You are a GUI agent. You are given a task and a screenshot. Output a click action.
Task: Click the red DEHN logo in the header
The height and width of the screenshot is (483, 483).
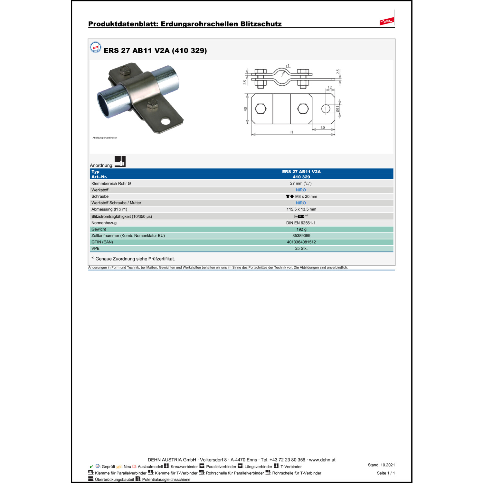pyautogui.click(x=387, y=21)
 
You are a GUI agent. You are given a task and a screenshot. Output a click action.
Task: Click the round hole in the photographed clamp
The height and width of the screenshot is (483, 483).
pyautogui.click(x=166, y=121)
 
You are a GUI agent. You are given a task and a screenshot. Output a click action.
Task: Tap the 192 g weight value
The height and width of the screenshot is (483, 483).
pyautogui.click(x=301, y=229)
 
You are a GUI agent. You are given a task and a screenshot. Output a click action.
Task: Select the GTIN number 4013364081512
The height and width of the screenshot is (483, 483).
pyautogui.click(x=301, y=242)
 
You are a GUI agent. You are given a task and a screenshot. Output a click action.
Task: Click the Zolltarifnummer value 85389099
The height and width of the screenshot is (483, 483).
pyautogui.click(x=301, y=236)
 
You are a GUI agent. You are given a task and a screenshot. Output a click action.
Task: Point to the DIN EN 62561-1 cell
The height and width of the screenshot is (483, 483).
pyautogui.click(x=301, y=223)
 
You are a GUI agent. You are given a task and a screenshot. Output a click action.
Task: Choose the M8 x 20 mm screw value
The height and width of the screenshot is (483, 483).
pyautogui.click(x=306, y=196)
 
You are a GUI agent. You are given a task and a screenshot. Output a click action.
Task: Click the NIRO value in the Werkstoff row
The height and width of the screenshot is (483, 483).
pyautogui.click(x=301, y=190)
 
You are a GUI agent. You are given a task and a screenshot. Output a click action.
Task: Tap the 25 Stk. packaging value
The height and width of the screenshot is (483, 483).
pyautogui.click(x=301, y=249)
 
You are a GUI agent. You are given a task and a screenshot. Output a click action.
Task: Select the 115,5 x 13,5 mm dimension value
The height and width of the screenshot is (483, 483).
pyautogui.click(x=301, y=209)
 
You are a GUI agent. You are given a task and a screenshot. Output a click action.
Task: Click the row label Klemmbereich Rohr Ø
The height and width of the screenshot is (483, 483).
pyautogui.click(x=111, y=184)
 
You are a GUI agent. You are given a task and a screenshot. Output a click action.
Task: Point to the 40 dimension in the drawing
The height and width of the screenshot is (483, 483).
pyautogui.click(x=245, y=109)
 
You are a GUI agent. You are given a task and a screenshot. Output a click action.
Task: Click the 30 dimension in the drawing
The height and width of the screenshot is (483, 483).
pyautogui.click(x=323, y=128)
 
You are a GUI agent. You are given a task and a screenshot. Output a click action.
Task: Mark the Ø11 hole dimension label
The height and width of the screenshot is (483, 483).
pyautogui.click(x=337, y=109)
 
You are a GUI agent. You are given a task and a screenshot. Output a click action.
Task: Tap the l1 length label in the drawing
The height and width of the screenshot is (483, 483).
pyautogui.click(x=292, y=132)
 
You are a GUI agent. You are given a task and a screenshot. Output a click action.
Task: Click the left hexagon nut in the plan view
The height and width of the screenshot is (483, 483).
pyautogui.click(x=260, y=109)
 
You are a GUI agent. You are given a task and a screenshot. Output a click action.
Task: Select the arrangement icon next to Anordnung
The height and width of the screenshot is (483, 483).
pyautogui.click(x=120, y=161)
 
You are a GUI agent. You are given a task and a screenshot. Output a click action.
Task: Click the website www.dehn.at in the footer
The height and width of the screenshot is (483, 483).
pyautogui.click(x=322, y=460)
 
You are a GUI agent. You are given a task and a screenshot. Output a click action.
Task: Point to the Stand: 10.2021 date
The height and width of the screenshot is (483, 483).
pyautogui.click(x=381, y=465)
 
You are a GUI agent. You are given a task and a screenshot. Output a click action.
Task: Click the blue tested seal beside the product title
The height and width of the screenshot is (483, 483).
pyautogui.click(x=96, y=47)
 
